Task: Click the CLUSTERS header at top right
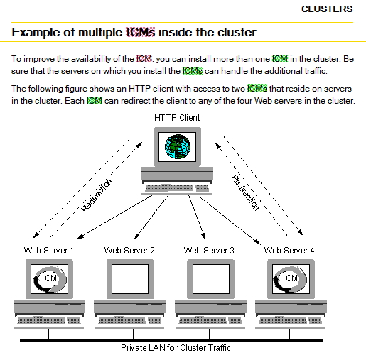(x=327, y=9)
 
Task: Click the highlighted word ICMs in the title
(x=140, y=32)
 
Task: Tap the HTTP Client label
(x=177, y=118)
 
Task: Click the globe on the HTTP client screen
(x=178, y=146)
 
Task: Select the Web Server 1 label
(x=48, y=250)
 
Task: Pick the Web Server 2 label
(x=129, y=250)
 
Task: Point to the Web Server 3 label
(x=209, y=250)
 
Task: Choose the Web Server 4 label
(x=289, y=250)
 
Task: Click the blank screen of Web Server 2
(x=130, y=279)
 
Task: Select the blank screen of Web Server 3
(x=211, y=279)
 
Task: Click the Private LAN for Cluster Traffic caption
(x=176, y=348)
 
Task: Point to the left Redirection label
(x=96, y=195)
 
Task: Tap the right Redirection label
(x=245, y=192)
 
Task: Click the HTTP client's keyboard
(x=177, y=188)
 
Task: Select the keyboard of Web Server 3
(x=210, y=321)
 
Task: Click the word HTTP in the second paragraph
(x=139, y=89)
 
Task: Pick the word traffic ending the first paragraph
(x=315, y=71)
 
